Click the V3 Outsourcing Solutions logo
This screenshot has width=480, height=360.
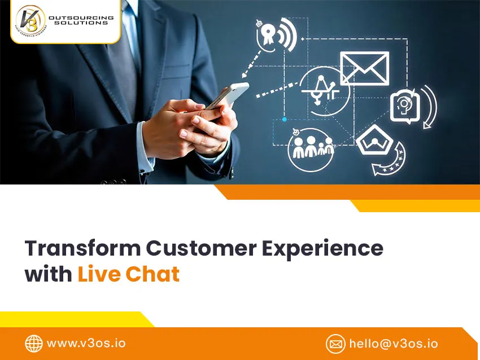pos(65,21)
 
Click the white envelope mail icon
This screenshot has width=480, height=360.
pos(364,68)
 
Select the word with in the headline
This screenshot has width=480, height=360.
pos(48,274)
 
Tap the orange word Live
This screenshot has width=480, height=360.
pos(98,274)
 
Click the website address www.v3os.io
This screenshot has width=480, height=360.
pos(86,343)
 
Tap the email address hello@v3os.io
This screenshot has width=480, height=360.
pos(393,343)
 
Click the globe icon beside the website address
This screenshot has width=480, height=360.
pos(34,343)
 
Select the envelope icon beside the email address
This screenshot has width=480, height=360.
pos(335,343)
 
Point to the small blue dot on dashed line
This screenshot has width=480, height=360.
pos(284,119)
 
